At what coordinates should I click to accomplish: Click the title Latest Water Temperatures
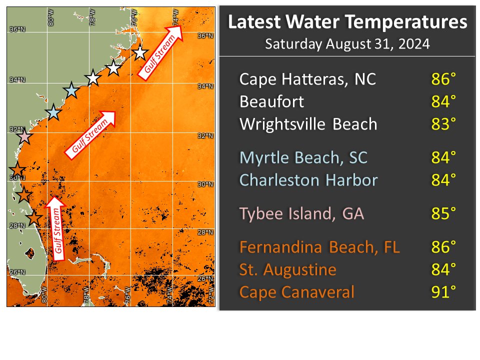click(x=347, y=22)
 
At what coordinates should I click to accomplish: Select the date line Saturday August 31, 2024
click(x=347, y=44)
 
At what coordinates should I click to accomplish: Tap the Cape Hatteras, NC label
click(x=307, y=79)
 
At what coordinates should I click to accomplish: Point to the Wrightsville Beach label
click(x=308, y=124)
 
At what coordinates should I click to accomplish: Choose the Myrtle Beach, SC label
click(x=303, y=157)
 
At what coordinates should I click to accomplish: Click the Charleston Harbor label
click(x=308, y=180)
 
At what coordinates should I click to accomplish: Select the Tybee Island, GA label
click(x=301, y=214)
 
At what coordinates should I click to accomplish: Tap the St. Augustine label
click(x=287, y=270)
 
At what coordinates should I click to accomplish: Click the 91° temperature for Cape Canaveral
click(x=443, y=292)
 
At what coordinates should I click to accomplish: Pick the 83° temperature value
click(x=443, y=124)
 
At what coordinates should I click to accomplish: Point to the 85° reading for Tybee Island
click(x=443, y=214)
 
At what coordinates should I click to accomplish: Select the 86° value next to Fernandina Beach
click(x=443, y=247)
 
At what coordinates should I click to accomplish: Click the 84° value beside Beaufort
click(x=443, y=101)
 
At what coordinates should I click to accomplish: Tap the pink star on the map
click(x=24, y=136)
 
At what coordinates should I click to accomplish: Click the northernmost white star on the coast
click(x=140, y=52)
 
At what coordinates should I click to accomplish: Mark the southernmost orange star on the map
click(x=33, y=218)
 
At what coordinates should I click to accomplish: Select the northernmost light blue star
click(x=71, y=90)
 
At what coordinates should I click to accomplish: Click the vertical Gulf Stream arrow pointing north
click(x=57, y=228)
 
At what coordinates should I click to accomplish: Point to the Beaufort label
click(x=271, y=101)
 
